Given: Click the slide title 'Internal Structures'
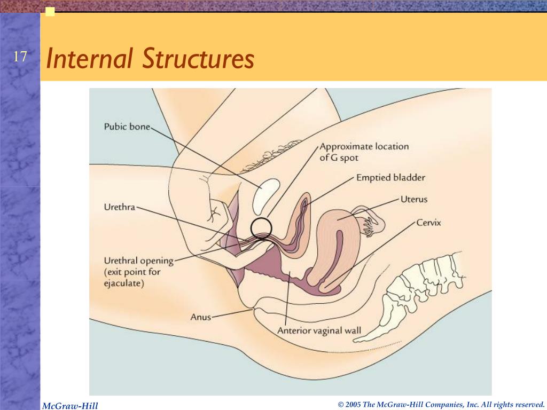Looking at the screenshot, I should click(150, 59).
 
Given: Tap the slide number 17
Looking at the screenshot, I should click(20, 57).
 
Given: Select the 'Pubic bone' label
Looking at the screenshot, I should click(127, 127).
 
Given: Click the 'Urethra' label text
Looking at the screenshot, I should click(119, 207).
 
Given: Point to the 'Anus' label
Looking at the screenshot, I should click(201, 317).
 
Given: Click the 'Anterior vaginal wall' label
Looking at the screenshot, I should click(319, 330).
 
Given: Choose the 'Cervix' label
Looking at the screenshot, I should click(428, 223).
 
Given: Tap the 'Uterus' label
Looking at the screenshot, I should click(414, 200).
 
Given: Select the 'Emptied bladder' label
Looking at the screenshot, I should click(390, 178).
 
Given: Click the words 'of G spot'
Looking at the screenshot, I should click(339, 158).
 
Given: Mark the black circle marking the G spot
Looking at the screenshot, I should click(262, 227).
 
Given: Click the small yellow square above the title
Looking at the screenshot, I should click(50, 12).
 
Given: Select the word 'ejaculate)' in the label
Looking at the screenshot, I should click(124, 283).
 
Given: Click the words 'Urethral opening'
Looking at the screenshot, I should click(138, 261).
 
